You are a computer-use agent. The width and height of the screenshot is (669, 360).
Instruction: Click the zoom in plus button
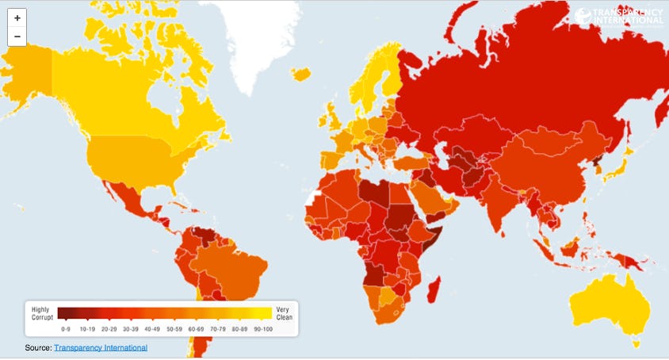pyautogui.click(x=17, y=17)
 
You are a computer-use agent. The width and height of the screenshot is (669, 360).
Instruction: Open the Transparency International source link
pyautogui.click(x=101, y=347)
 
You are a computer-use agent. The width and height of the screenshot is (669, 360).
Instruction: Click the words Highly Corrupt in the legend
pyautogui.click(x=42, y=312)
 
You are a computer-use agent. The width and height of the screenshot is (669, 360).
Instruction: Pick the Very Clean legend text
pyautogui.click(x=284, y=312)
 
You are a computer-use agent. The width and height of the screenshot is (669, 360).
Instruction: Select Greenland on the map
pyautogui.click(x=262, y=32)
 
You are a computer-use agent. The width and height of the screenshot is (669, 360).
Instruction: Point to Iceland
pyautogui.click(x=300, y=74)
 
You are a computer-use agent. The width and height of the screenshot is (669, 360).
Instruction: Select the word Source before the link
pyautogui.click(x=37, y=347)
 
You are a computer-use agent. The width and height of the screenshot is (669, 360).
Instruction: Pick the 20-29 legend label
pyautogui.click(x=110, y=327)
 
